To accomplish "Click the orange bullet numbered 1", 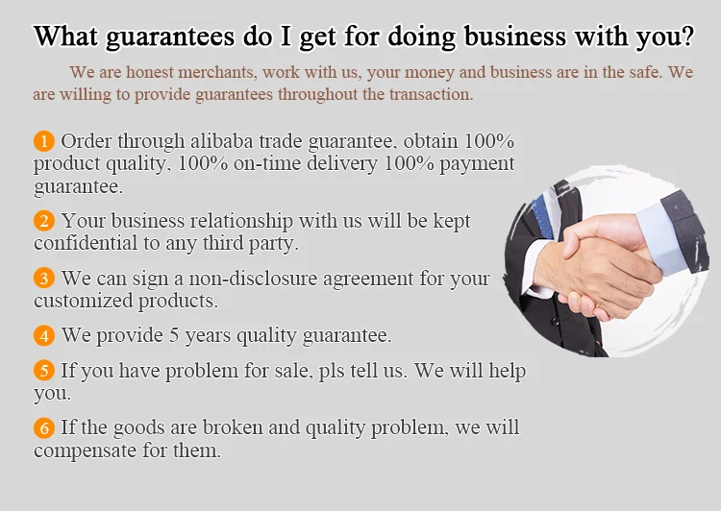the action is tap(44, 141).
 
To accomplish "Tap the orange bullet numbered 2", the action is tap(44, 221).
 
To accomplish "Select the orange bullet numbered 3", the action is tap(44, 278).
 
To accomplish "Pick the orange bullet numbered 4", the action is tap(44, 335).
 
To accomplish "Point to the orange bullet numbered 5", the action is tap(44, 371).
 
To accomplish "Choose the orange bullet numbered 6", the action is tap(44, 427).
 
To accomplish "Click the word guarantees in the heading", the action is tap(170, 37).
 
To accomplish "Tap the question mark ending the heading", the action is tap(688, 35).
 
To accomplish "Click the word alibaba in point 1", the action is tap(222, 140).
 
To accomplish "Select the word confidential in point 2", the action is tap(86, 243).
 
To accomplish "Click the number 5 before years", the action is tap(174, 335).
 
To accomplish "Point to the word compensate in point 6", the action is tap(85, 450).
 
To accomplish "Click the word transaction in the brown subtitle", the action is tap(432, 94).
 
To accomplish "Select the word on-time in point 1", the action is tap(267, 163).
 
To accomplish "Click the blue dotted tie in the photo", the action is tap(542, 215).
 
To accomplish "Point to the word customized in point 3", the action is tap(84, 301).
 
